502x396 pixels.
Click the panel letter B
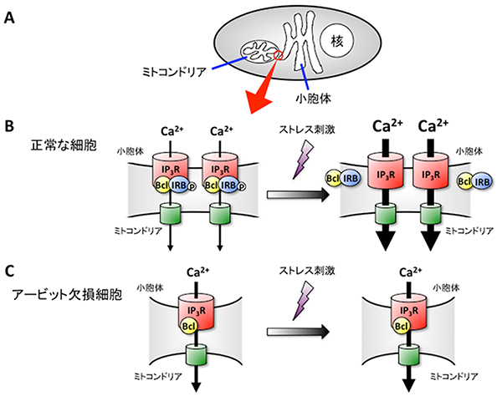point(10,128)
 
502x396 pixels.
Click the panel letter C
point(10,270)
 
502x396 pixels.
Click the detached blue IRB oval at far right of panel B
point(484,179)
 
